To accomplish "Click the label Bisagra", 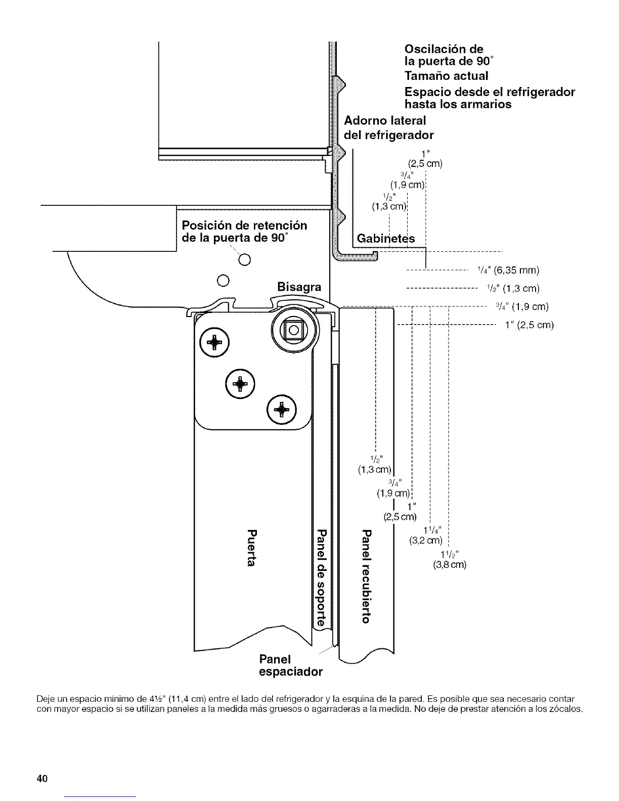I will click(x=299, y=287).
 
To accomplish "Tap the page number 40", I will click(x=41, y=778).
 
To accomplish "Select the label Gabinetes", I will click(x=385, y=239).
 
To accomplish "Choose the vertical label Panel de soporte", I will click(x=321, y=577).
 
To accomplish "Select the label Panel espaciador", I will click(x=290, y=666).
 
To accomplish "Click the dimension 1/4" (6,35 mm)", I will click(x=508, y=270).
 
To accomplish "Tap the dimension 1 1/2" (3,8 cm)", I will click(x=450, y=558).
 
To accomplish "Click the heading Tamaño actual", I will click(x=446, y=76).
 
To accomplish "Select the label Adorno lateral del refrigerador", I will click(x=388, y=127).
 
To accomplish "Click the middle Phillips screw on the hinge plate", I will click(x=240, y=384).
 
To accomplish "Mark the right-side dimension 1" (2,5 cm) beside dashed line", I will click(x=529, y=325).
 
